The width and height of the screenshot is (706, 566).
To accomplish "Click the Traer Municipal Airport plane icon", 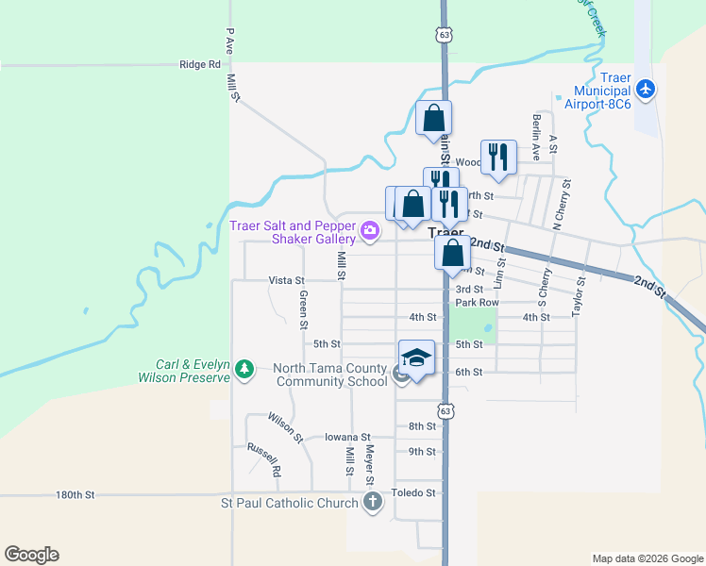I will [646, 89].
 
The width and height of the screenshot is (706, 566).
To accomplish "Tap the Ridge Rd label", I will [199, 65].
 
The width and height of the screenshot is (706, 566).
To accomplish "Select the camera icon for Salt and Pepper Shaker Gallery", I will [370, 229].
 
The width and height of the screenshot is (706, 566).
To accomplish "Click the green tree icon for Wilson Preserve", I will [245, 368].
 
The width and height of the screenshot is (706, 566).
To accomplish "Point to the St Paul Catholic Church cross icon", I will [373, 501].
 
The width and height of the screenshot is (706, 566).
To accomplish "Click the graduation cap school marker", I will [416, 357].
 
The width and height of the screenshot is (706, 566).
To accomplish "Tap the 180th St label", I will [76, 494].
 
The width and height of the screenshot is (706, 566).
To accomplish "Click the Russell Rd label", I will [264, 458].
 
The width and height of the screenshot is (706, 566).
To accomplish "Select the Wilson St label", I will [284, 426].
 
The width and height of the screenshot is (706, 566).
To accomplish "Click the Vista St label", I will [287, 280].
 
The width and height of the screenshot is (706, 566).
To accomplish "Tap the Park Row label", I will [477, 303].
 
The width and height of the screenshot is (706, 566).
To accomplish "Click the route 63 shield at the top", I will [445, 34].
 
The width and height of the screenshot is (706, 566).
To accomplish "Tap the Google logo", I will [31, 555].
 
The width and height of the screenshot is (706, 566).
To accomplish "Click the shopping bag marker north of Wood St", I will [433, 118].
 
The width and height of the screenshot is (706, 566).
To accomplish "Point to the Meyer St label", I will [370, 462].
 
